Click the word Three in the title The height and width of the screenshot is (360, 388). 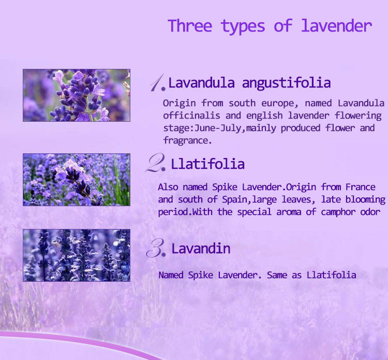190,26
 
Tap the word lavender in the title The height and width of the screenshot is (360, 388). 337,26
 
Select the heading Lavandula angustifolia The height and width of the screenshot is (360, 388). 249,83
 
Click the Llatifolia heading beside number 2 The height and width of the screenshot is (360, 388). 207,164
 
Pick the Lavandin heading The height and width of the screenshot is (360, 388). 201,248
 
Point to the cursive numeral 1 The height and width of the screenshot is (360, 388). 157,82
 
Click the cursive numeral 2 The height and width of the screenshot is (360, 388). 155,163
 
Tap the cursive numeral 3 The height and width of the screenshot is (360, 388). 155,248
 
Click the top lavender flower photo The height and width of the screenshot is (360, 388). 77,95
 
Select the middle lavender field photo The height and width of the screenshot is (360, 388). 77,180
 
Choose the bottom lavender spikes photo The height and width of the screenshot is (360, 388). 77,255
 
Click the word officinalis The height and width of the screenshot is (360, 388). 191,116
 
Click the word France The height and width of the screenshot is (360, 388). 360,187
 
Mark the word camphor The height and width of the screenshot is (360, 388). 338,212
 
